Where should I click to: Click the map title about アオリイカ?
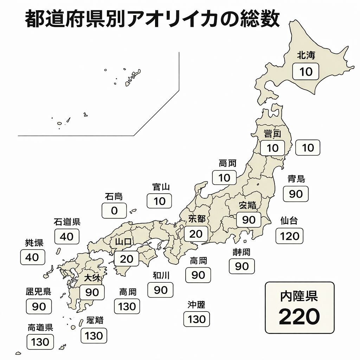[153, 19]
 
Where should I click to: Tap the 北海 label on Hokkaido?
[306, 55]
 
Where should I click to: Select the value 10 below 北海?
[306, 72]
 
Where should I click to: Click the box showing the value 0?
[114, 211]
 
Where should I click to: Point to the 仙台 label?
[289, 221]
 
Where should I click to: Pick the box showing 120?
[289, 236]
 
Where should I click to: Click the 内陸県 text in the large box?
[299, 296]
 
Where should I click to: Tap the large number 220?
[299, 317]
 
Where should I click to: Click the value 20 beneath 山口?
[127, 259]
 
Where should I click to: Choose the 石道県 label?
[67, 222]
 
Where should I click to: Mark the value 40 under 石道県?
[67, 237]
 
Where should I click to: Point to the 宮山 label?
[161, 187]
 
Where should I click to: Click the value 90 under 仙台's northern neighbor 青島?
[296, 194]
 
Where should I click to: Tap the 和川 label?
[161, 275]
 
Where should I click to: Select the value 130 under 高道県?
[40, 342]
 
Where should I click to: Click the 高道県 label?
[40, 327]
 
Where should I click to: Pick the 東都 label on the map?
[197, 219]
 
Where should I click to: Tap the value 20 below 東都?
[196, 234]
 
